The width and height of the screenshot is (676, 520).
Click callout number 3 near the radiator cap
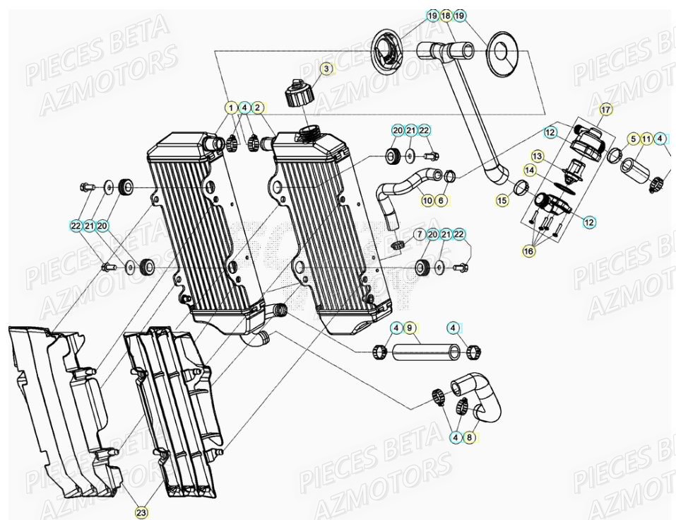tap(326, 69)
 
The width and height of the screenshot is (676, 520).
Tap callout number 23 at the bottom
tap(141, 512)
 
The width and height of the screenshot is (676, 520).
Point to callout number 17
tap(605, 109)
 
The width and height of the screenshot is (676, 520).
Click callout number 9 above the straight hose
tap(411, 328)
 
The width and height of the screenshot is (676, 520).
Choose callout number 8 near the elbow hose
tap(469, 438)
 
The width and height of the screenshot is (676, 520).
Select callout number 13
tap(538, 155)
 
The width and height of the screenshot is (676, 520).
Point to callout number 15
tap(502, 201)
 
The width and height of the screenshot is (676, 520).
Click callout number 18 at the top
tap(446, 16)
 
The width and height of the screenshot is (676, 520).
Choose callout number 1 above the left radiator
tap(230, 108)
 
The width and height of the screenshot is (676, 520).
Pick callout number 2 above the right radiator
tap(258, 108)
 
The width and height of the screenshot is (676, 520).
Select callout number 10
tap(427, 200)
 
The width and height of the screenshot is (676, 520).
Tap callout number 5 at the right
tap(634, 139)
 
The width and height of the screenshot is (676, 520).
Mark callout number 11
tap(646, 139)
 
